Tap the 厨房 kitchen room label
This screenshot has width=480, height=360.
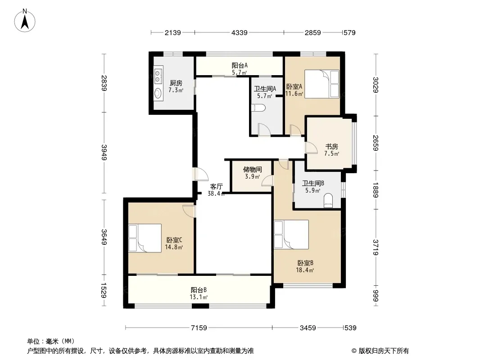coord(176,83)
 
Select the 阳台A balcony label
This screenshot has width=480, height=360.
coord(240,65)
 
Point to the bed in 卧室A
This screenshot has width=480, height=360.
coord(322,84)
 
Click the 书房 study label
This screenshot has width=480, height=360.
coord(331,147)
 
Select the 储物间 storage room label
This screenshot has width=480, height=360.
coord(253,170)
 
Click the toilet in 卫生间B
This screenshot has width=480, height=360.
coord(328,200)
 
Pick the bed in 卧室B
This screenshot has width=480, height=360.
coord(291,234)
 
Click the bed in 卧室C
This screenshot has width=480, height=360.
coord(145,238)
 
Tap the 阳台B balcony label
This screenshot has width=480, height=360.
coord(199,290)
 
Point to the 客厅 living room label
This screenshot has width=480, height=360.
coord(217,187)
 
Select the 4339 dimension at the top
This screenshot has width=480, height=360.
coord(240,32)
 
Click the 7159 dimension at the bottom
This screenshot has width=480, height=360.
coord(199,328)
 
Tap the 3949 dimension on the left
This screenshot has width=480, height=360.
coord(104,152)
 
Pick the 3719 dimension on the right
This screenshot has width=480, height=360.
coord(376,247)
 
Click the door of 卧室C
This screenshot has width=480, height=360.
coord(189,211)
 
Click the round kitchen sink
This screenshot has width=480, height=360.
coord(158,93)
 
